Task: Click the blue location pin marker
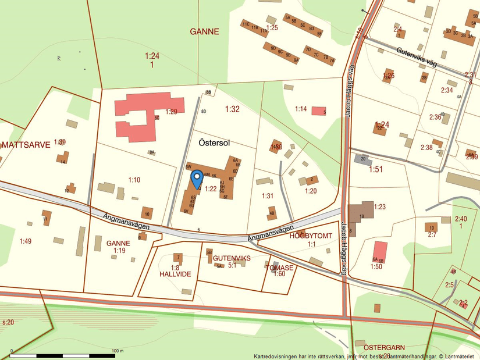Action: pos(197,177)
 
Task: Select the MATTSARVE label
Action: pos(26,145)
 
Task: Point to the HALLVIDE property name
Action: pos(175,274)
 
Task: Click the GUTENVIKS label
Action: pos(232,258)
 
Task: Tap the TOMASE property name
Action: pos(279,268)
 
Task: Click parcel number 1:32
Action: pos(232,109)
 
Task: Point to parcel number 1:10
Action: pos(134,180)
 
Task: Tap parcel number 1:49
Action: pos(26,241)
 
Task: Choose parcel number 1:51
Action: pos(376,169)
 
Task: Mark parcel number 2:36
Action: pos(435,117)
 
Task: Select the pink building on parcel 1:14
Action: pos(318,111)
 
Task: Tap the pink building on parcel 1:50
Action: pos(379,251)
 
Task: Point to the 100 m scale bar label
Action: pos(118,351)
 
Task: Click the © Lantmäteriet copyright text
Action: pos(457,356)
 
